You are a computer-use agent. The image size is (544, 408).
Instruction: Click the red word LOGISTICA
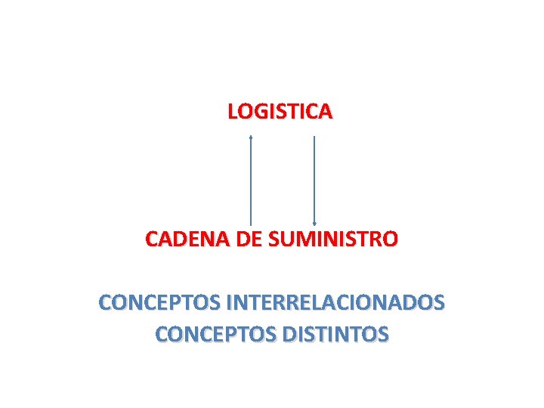pyautogui.click(x=280, y=112)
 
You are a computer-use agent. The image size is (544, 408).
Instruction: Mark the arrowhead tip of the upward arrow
pyautogui.click(x=251, y=137)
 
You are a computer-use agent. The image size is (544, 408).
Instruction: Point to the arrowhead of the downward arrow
pyautogui.click(x=314, y=223)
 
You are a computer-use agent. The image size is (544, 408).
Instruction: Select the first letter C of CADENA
pyautogui.click(x=152, y=240)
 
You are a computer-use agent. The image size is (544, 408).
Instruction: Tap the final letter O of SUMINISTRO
pyautogui.click(x=390, y=240)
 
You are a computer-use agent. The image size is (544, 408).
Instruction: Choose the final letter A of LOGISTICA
pyautogui.click(x=324, y=112)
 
